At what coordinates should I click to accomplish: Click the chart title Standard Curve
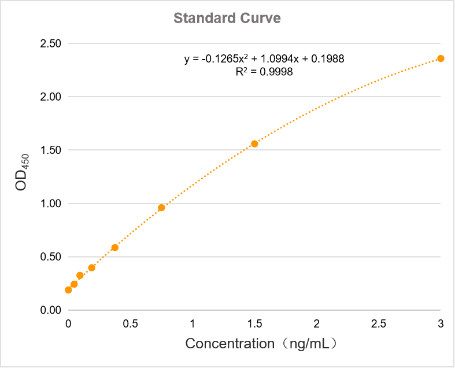click(227, 18)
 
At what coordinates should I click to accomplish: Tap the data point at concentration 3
click(441, 58)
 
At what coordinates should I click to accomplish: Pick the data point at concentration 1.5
click(254, 143)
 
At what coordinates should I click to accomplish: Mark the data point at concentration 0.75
click(161, 208)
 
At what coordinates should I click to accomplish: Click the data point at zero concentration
click(68, 290)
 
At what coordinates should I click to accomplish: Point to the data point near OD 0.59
click(115, 248)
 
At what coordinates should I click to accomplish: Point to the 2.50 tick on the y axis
click(51, 43)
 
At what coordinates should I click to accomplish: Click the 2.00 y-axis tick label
click(51, 97)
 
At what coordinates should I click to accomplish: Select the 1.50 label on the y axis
click(51, 150)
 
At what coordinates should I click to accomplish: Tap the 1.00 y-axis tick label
click(51, 204)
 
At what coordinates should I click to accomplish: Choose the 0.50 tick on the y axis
click(51, 257)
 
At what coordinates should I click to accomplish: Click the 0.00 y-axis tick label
click(51, 310)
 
